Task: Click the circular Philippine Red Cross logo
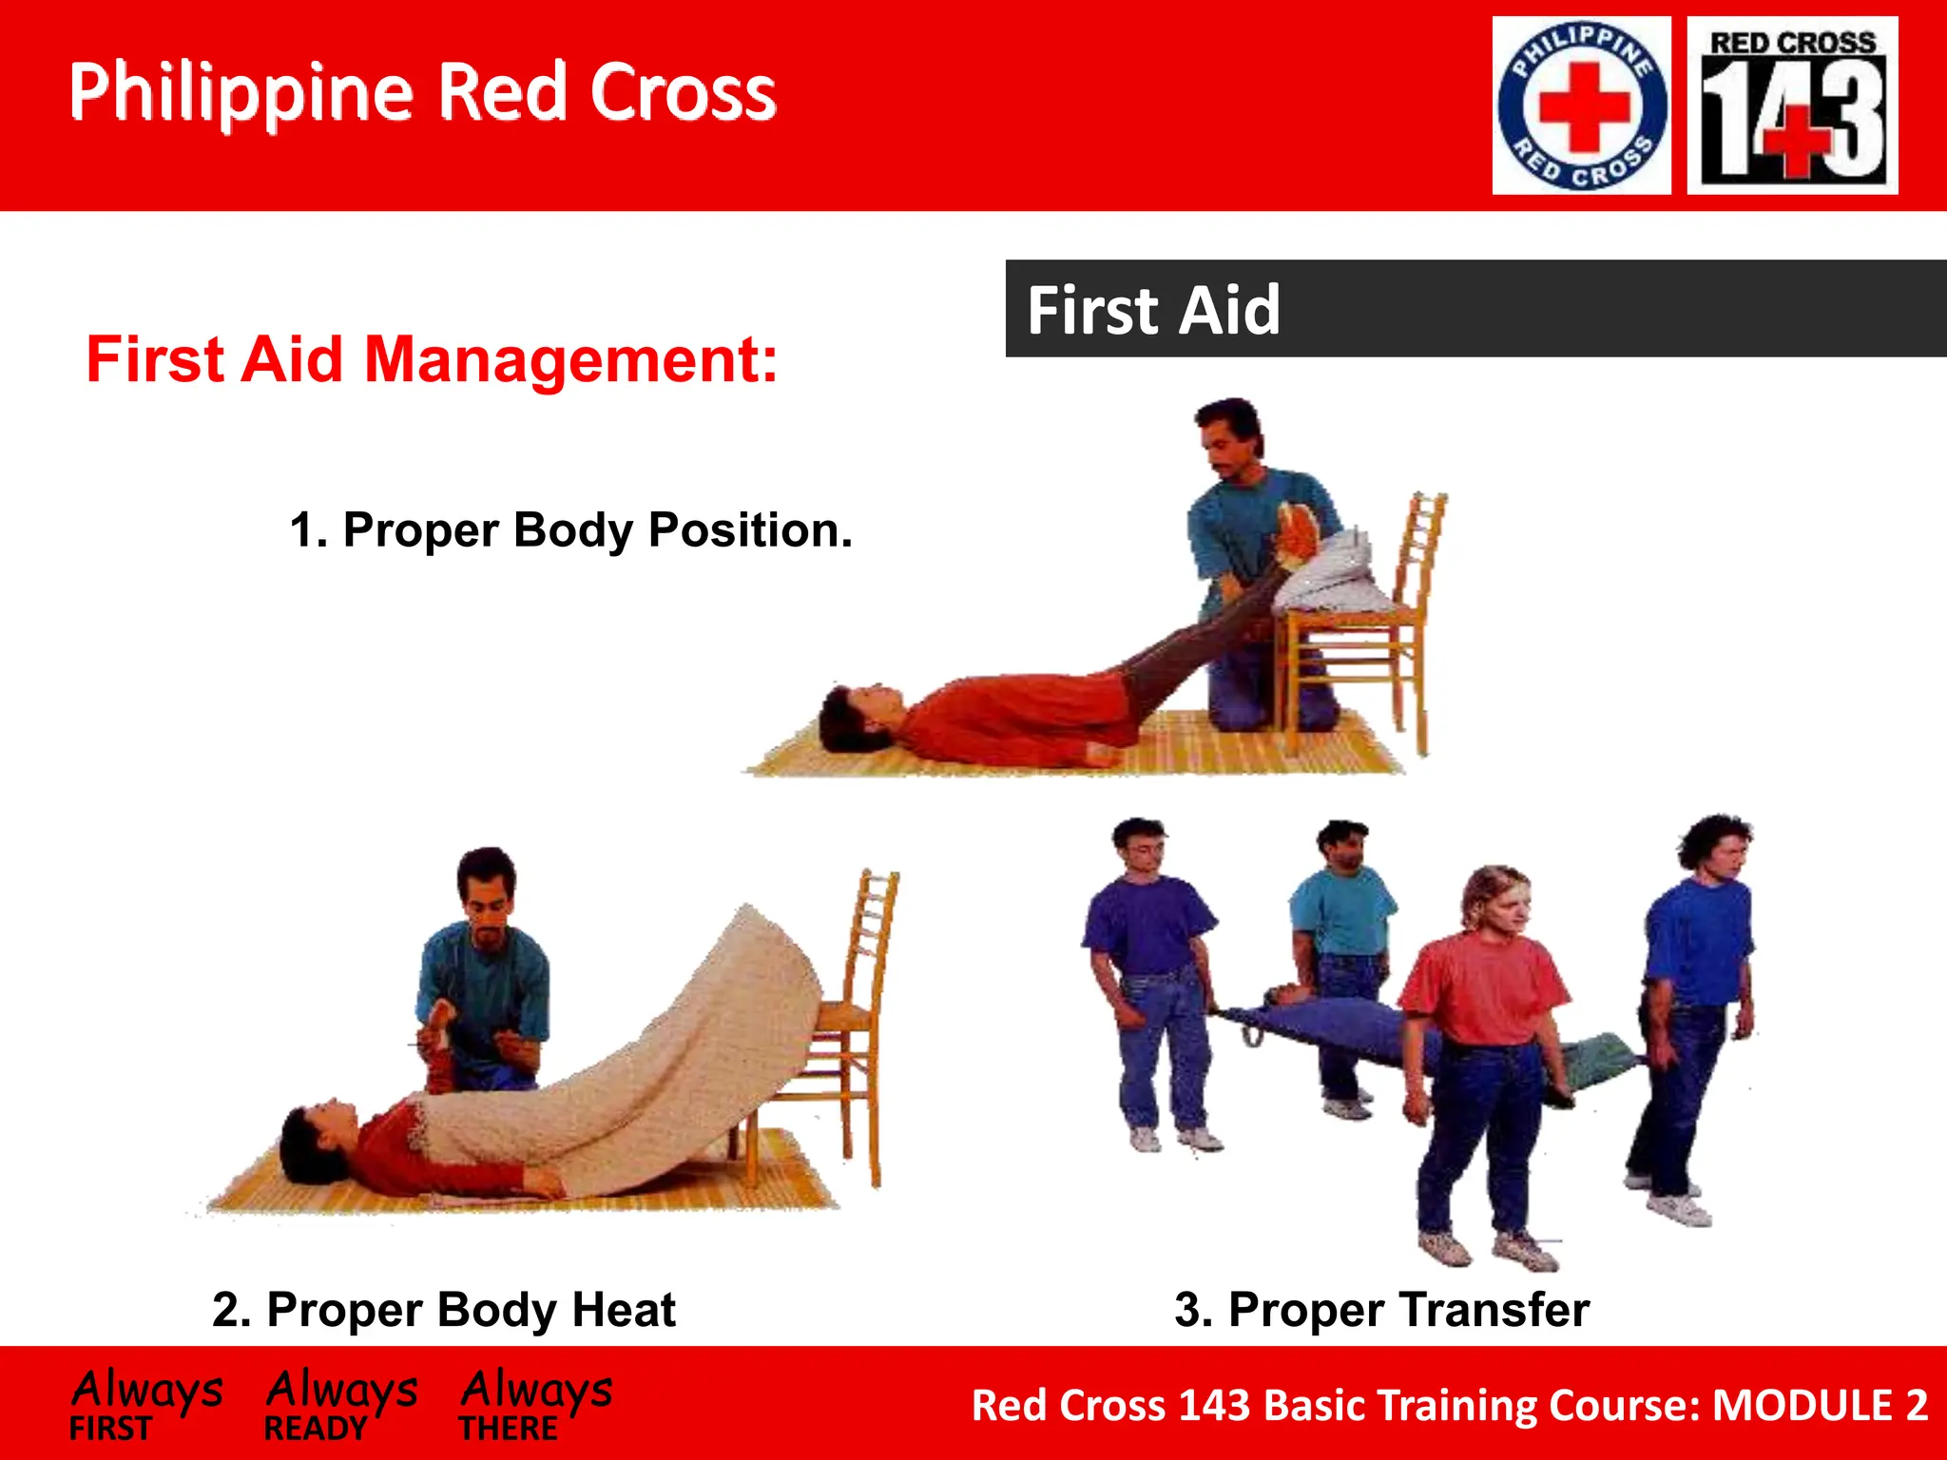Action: click(x=1581, y=106)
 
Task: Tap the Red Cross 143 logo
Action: click(x=1792, y=106)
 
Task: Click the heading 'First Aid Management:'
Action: click(x=432, y=360)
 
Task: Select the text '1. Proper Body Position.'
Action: click(x=570, y=530)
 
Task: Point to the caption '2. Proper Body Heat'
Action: click(x=443, y=1310)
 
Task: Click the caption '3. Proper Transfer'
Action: click(x=1381, y=1310)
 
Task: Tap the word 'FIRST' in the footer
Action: click(x=110, y=1429)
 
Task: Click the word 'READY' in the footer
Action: click(x=316, y=1429)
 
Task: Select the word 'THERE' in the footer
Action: click(x=509, y=1429)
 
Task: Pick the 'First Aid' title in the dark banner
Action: click(x=1153, y=310)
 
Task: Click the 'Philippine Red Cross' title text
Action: click(x=422, y=92)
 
